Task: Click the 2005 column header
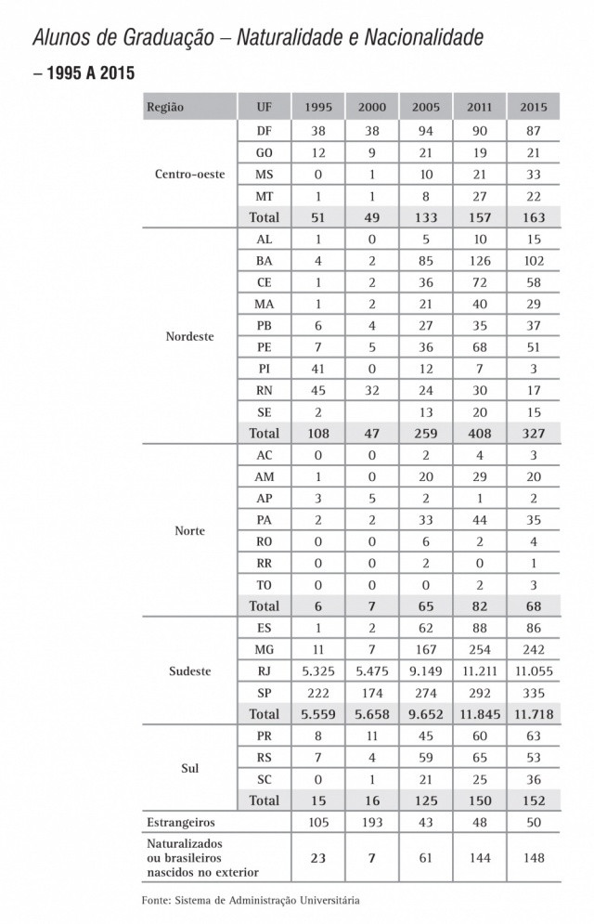coord(426,107)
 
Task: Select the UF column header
coord(264,107)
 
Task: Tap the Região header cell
coord(165,107)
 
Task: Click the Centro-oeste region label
coord(189,174)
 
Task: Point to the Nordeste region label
coord(189,336)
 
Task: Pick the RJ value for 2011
coord(479,670)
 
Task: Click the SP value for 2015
coord(534,692)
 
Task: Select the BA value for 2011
coord(479,261)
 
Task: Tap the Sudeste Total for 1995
coord(318,714)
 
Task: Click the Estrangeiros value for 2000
coord(372,823)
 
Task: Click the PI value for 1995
coord(318,369)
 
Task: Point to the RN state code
coord(264,391)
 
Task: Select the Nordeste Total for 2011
coord(479,434)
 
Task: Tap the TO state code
coord(264,585)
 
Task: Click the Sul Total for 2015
coord(534,800)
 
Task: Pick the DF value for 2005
coord(426,131)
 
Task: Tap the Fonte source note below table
coord(250,900)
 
